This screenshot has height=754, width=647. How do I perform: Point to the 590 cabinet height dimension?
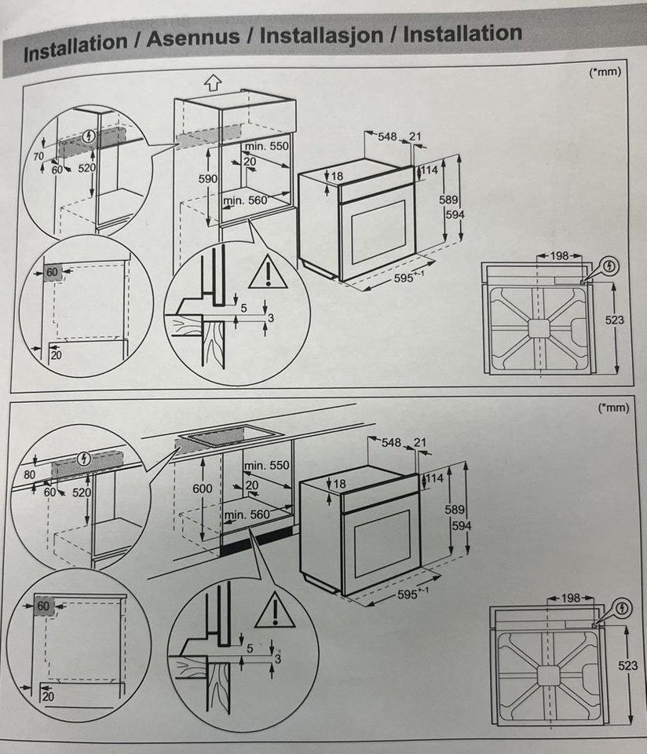[x=207, y=179]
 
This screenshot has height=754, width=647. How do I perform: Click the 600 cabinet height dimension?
[x=203, y=488]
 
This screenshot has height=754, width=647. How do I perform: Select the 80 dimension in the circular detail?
[x=30, y=475]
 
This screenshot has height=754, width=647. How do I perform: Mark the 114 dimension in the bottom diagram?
[x=434, y=478]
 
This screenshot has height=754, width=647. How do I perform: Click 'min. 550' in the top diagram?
[x=267, y=147]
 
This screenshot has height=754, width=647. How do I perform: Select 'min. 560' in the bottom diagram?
[x=246, y=514]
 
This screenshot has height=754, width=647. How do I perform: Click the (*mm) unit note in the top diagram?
[x=605, y=72]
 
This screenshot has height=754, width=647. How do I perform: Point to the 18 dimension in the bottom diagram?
[x=338, y=485]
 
